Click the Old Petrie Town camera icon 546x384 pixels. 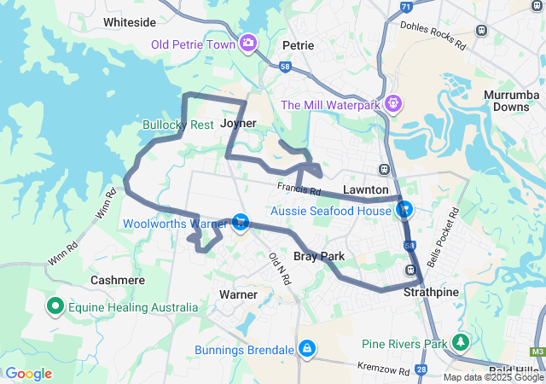point(248,43)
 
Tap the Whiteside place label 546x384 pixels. point(128,22)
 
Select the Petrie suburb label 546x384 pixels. point(299,44)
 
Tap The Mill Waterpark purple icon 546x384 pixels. point(392,104)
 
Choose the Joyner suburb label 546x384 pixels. point(238,124)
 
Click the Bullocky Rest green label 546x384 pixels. point(177,125)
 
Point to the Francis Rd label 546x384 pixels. point(298,191)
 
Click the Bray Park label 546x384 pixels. point(318,256)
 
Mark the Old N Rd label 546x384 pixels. point(278,268)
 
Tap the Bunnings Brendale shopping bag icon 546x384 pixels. point(305,349)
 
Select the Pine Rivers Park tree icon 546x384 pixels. point(462,343)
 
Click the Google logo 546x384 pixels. point(28,373)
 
